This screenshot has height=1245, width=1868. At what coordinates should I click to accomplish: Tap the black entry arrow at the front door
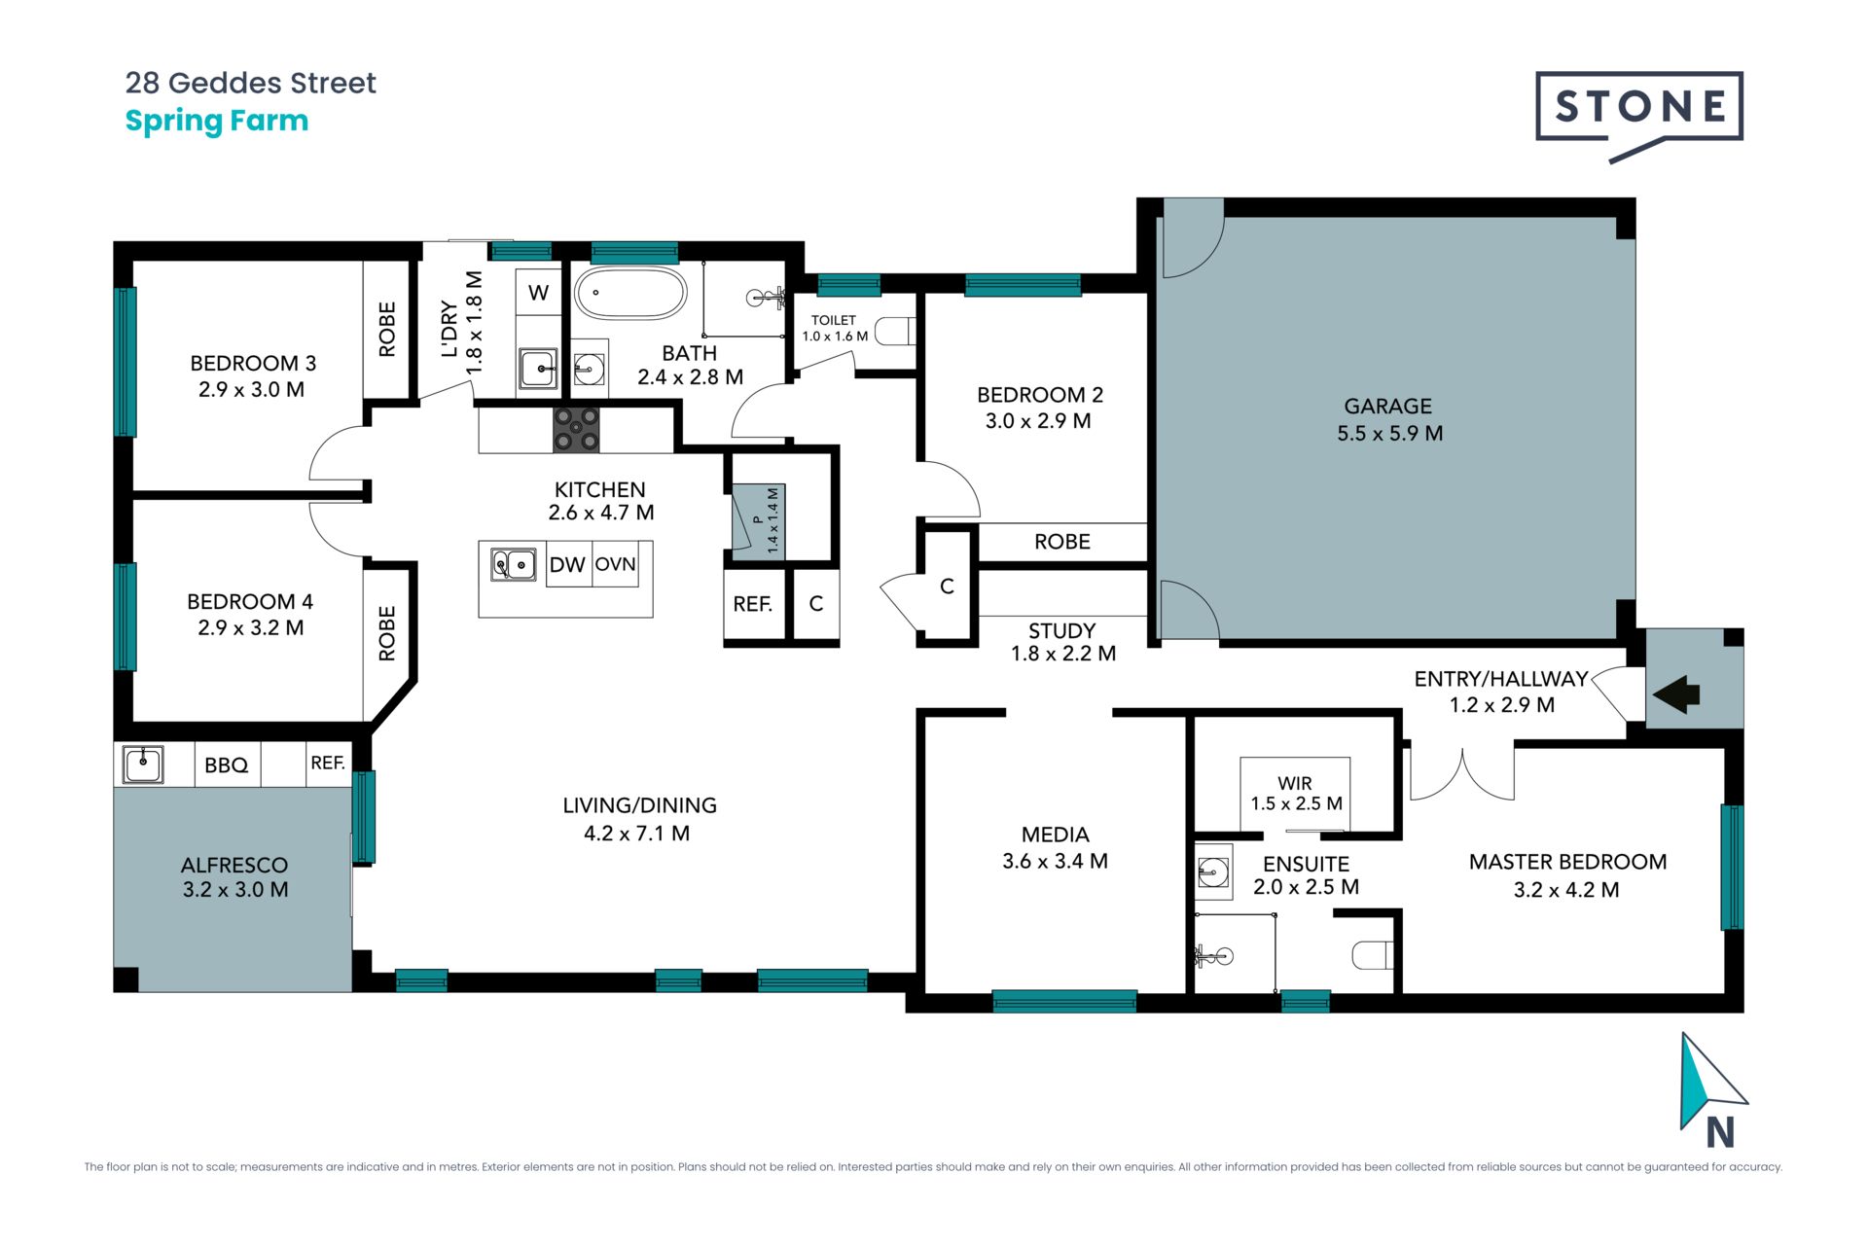(x=1676, y=694)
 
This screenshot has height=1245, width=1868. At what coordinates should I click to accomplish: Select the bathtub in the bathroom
(x=630, y=293)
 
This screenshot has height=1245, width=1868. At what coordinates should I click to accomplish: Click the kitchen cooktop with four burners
(x=576, y=429)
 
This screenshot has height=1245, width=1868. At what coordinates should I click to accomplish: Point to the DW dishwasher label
(x=567, y=565)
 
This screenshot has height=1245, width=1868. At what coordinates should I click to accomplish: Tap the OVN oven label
(x=615, y=564)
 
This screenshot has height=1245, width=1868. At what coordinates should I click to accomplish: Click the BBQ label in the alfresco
(x=227, y=765)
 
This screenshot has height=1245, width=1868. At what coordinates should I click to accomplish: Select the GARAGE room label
(x=1388, y=407)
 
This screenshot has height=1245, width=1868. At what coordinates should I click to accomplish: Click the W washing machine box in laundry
(x=538, y=292)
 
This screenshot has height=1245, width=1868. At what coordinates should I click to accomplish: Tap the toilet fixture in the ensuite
(x=1372, y=955)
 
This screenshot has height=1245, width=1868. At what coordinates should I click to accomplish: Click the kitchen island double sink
(x=513, y=564)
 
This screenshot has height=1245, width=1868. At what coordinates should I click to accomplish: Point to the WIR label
(x=1295, y=783)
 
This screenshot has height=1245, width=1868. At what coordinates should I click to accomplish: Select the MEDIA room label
(x=1056, y=835)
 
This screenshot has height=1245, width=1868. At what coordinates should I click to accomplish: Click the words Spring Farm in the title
(x=217, y=122)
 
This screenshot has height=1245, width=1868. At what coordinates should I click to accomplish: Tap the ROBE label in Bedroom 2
(x=1062, y=542)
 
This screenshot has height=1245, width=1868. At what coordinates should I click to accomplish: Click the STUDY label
(x=1062, y=631)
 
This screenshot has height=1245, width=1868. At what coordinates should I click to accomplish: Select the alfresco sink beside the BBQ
(x=143, y=764)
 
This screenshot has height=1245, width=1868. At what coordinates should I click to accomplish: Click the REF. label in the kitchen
(x=753, y=604)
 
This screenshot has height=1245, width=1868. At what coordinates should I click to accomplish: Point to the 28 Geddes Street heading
(x=251, y=83)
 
